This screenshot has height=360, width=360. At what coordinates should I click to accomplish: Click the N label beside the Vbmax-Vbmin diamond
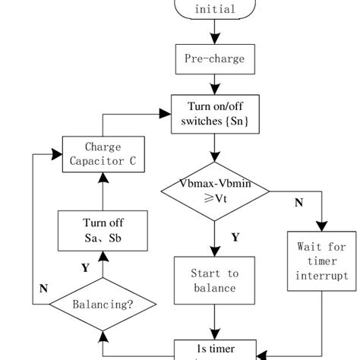[298, 204]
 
